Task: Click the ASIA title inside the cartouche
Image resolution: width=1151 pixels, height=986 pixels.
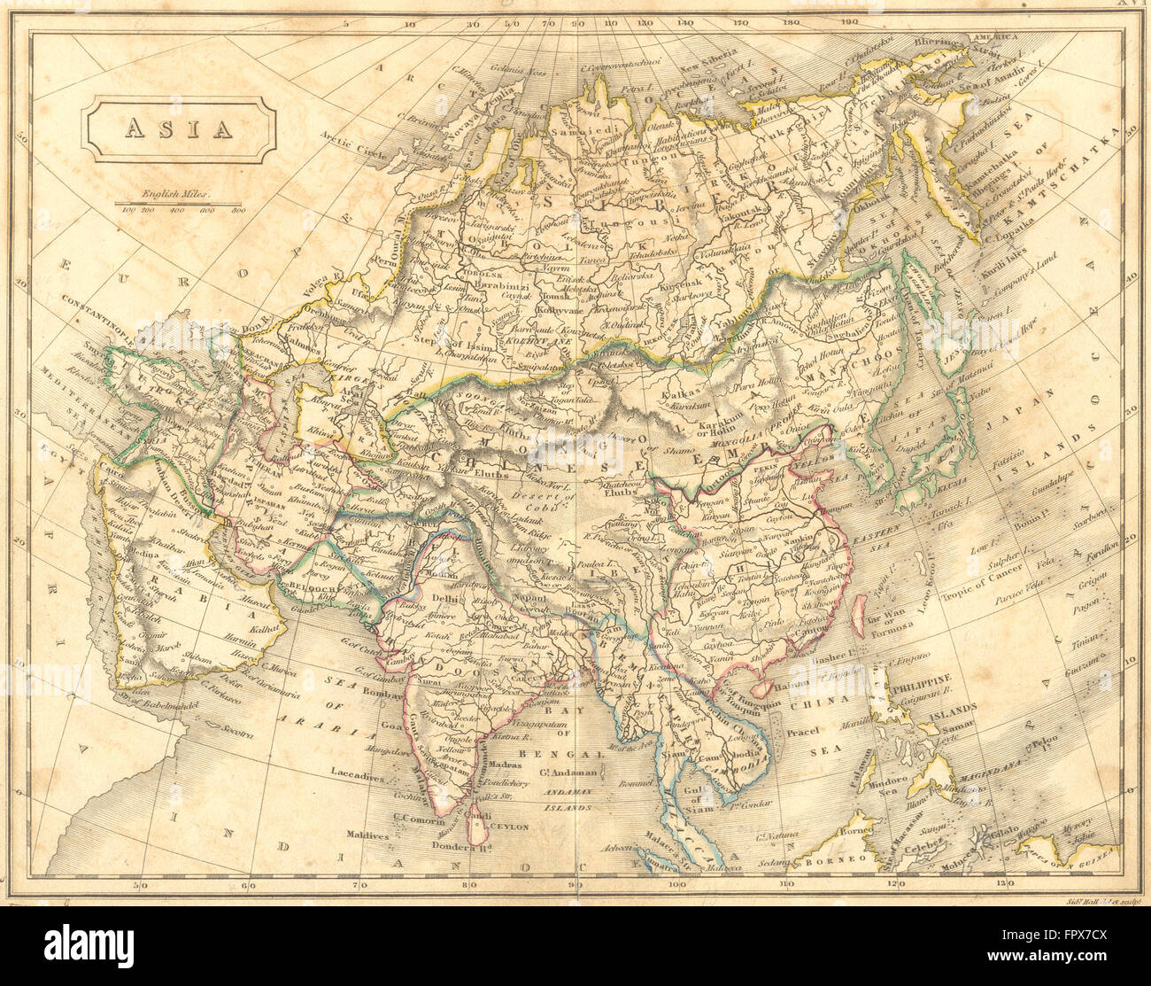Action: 178,128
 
